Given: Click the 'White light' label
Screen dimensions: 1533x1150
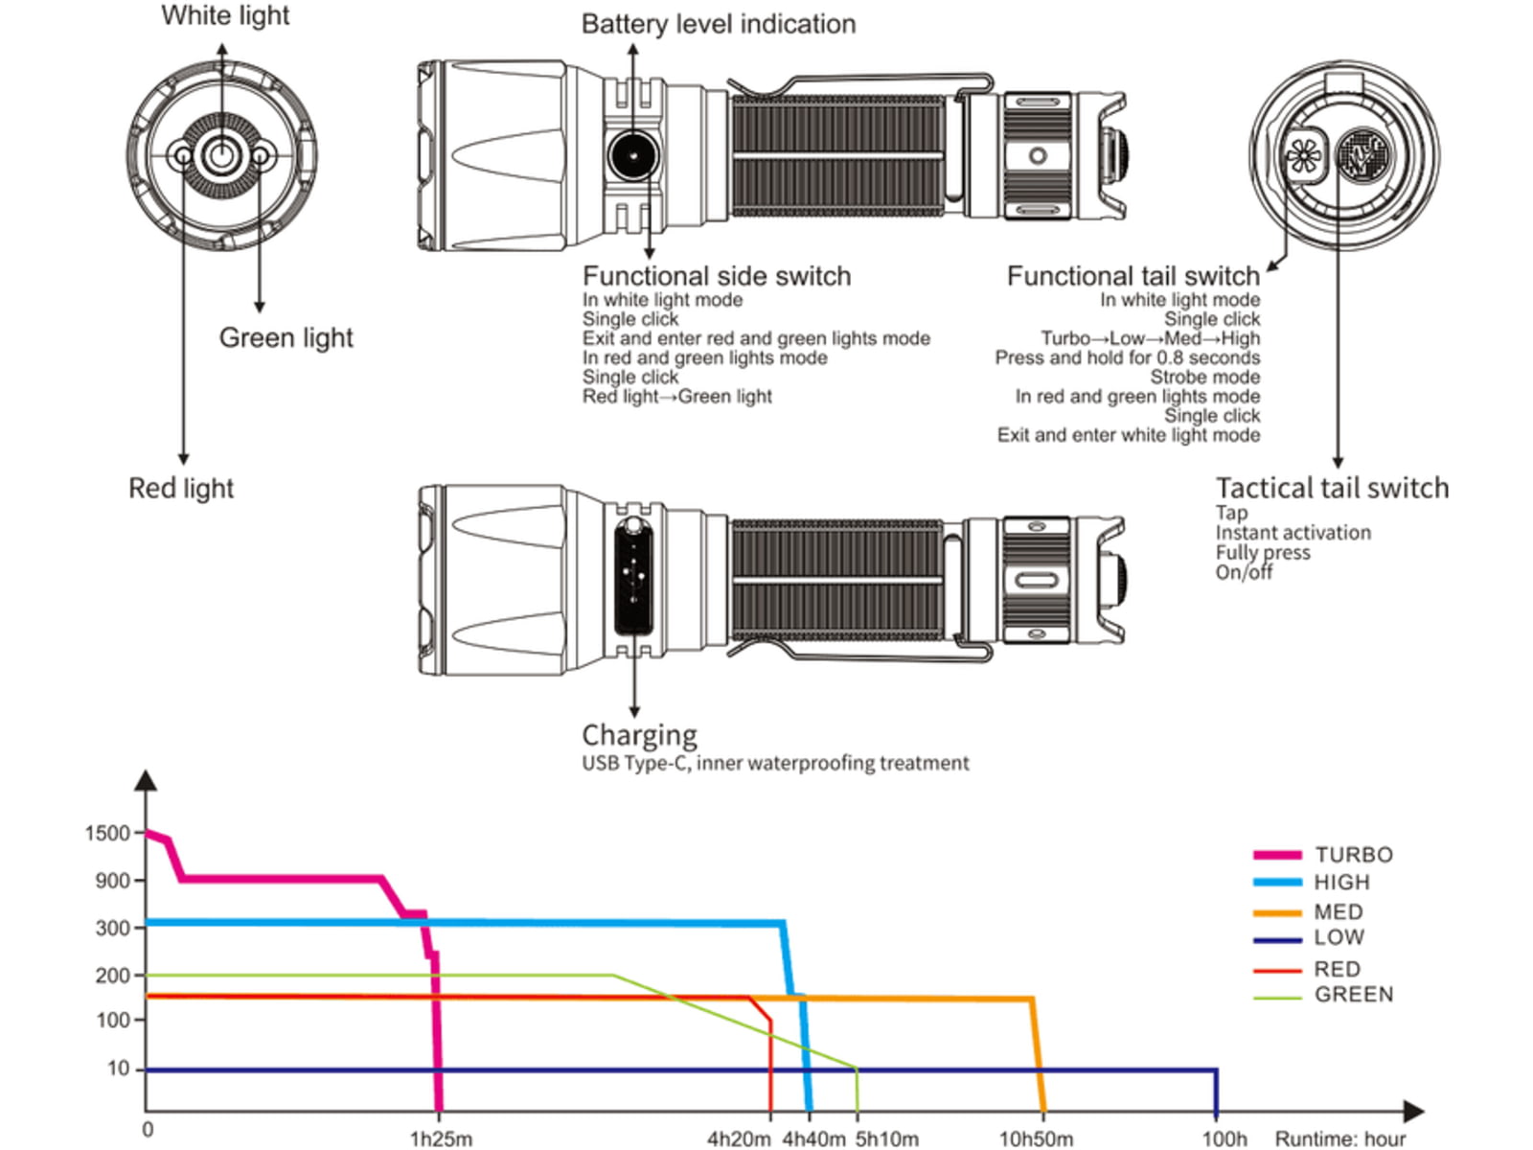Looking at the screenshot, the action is pos(225,16).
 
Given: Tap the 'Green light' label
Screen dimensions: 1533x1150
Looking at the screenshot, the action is pos(286,338).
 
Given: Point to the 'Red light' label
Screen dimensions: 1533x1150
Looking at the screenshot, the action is pos(181,488).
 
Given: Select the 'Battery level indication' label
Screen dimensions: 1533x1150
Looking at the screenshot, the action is pos(719,25).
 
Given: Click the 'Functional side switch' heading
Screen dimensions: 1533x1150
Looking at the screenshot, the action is pos(717,277).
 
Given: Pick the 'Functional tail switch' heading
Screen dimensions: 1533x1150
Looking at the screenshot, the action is pos(1133,277).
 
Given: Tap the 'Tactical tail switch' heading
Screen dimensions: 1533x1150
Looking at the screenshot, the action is pos(1332,488).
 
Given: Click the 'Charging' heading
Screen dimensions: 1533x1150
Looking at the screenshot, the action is pos(639,736).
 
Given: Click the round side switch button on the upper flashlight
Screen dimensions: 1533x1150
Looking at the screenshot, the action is pos(632,155).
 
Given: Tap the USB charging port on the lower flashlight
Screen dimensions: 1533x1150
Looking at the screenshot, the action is pos(633,579).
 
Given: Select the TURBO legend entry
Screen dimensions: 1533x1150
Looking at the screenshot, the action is pos(1322,855).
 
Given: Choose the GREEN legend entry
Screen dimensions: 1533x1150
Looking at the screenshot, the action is pos(1322,995).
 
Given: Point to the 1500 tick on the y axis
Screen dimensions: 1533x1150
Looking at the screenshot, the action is pos(107,833).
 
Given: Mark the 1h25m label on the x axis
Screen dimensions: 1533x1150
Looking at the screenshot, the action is pos(441,1138).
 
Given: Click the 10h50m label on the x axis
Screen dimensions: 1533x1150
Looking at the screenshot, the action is pos(1036,1138).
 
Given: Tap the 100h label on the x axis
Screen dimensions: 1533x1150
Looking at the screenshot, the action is pos(1224,1138).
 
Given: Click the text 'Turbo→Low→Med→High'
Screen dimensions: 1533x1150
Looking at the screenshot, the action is pos(1151,338).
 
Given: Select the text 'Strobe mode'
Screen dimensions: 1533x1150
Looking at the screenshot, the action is pos(1204,377).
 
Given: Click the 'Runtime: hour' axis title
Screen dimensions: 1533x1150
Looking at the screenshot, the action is pos(1340,1138).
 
